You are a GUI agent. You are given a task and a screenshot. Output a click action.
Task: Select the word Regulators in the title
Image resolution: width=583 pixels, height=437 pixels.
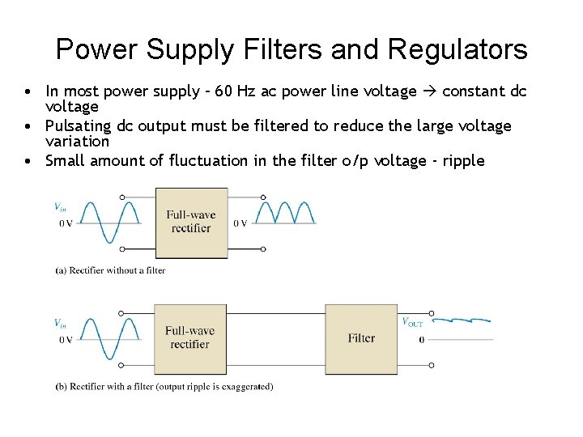tap(457, 50)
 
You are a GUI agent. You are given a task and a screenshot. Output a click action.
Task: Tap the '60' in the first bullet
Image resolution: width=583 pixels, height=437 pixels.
tap(242, 91)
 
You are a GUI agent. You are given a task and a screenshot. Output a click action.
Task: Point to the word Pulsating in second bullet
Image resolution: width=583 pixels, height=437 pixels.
tap(78, 126)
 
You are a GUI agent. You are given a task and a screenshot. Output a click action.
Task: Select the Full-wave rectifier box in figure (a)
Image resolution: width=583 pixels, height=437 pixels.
tap(190, 221)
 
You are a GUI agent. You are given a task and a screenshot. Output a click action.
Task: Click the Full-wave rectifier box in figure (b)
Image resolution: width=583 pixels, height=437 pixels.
tap(189, 337)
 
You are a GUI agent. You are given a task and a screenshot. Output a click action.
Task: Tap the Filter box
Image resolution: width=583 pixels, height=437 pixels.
tap(361, 338)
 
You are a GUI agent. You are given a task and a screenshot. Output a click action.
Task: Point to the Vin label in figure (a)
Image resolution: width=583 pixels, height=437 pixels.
tap(61, 206)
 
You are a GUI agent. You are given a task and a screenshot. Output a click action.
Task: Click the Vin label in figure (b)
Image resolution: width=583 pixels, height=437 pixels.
tap(61, 323)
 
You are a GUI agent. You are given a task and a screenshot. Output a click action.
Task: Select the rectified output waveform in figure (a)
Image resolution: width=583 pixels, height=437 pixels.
tap(284, 212)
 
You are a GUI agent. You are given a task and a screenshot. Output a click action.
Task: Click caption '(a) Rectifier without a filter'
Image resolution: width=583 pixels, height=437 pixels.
tap(110, 270)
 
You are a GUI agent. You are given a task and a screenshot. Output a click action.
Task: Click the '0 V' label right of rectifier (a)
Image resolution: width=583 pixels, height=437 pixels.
tap(240, 223)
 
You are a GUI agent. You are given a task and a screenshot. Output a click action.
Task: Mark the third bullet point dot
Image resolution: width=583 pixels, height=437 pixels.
tap(28, 161)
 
